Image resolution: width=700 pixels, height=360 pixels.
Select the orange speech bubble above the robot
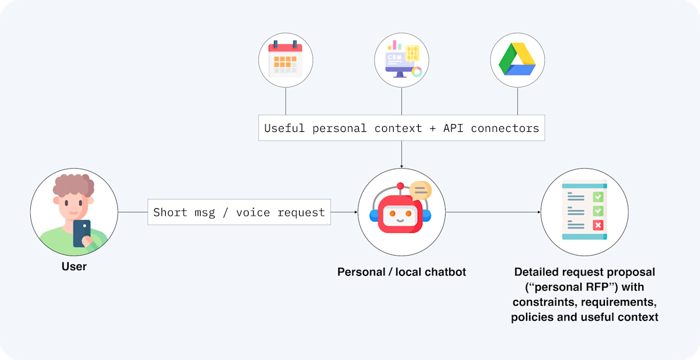pos(420,190)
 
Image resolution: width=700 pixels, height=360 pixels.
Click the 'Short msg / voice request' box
pos(239,212)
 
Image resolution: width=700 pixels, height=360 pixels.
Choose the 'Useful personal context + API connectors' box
pos(401,128)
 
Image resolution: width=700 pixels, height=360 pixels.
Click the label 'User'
pos(74,267)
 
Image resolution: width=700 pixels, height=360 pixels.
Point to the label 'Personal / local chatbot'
pos(401,272)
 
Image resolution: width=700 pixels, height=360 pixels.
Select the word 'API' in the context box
pos(452,128)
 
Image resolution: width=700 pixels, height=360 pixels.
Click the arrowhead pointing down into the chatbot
pos(401,166)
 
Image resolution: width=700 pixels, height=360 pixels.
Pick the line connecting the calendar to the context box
pos(285,100)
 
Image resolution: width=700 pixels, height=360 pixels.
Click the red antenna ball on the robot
pos(400,187)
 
